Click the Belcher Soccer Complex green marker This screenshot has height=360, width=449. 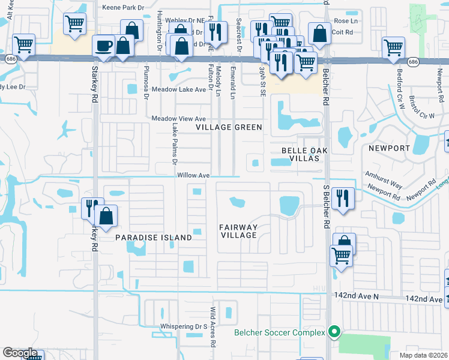pos(335,332)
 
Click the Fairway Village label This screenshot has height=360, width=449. pos(238,231)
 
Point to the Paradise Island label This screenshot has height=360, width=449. pos(154,238)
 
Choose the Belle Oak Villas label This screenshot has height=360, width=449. pos(299,154)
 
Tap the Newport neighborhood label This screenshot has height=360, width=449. pos(389,148)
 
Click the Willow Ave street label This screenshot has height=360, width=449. pos(193,176)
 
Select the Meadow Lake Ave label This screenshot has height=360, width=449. pos(178,89)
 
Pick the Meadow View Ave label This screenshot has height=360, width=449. pos(179,119)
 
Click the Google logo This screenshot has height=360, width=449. pos(20,353)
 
